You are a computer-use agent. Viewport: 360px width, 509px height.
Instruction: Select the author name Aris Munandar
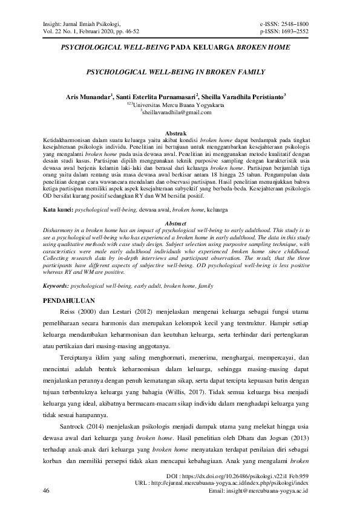[x=88, y=96]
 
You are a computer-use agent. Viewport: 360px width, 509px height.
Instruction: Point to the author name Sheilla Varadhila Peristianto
[x=243, y=96]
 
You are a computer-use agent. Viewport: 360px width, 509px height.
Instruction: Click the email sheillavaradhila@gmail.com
[x=177, y=112]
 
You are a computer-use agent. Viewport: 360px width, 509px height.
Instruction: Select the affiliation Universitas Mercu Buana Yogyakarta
[x=179, y=104]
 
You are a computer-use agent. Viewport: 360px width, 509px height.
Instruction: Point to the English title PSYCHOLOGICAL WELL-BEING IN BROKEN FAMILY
[x=176, y=71]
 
